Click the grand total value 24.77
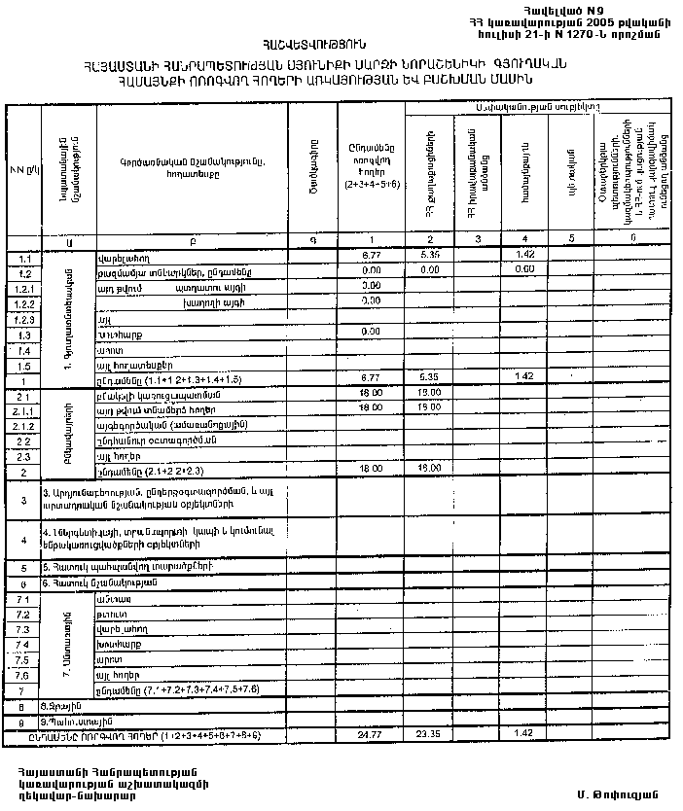coord(369,731)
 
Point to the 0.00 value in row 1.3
coord(369,332)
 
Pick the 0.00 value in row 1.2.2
coord(369,301)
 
